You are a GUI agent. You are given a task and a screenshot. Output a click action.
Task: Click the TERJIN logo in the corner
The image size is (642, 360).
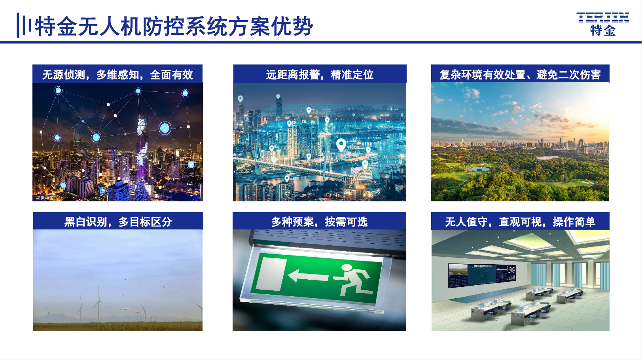pyautogui.click(x=602, y=24)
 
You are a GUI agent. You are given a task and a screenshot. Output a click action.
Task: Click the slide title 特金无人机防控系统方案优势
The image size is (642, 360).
pyautogui.click(x=174, y=26)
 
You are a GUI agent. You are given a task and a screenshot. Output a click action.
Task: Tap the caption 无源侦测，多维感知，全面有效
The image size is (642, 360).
pyautogui.click(x=117, y=74)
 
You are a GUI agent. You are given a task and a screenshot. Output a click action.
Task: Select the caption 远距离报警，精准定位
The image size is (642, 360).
pyautogui.click(x=320, y=74)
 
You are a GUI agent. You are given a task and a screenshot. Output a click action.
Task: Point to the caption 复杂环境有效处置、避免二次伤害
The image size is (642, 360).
pyautogui.click(x=520, y=74)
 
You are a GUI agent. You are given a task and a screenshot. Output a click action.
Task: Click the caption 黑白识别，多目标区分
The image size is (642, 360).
pyautogui.click(x=118, y=222)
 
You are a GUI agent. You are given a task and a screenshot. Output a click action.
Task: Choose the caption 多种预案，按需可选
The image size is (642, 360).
pyautogui.click(x=319, y=222)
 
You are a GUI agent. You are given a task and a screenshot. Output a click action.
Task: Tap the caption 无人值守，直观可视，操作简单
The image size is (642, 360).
pyautogui.click(x=520, y=222)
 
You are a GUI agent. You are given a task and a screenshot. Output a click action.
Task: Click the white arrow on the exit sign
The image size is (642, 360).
pyautogui.click(x=308, y=276)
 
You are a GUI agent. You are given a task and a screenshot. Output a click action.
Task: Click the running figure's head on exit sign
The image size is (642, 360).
pyautogui.click(x=347, y=267)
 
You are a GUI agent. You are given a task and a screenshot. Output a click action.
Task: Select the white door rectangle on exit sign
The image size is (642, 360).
pyautogui.click(x=271, y=274)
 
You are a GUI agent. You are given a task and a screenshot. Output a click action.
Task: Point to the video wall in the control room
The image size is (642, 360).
pyautogui.click(x=482, y=275)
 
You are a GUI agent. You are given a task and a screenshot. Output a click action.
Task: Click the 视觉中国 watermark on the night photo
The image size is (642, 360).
pyautogui.click(x=45, y=198)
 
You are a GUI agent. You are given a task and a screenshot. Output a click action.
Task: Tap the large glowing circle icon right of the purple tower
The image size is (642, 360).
pyautogui.click(x=165, y=128)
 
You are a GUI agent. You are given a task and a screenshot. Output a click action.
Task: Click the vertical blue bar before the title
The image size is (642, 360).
pyautogui.click(x=18, y=25)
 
